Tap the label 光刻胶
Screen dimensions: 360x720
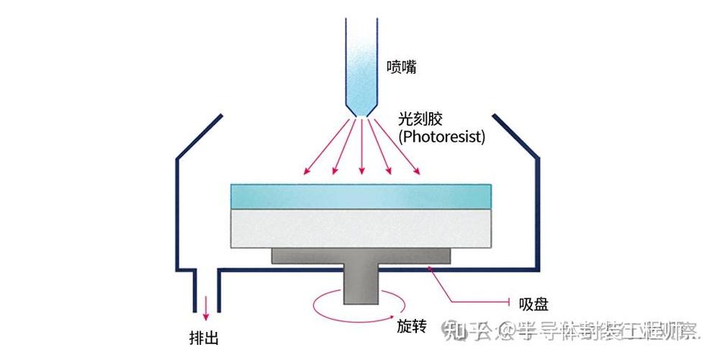420,120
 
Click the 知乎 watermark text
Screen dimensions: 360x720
462,330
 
